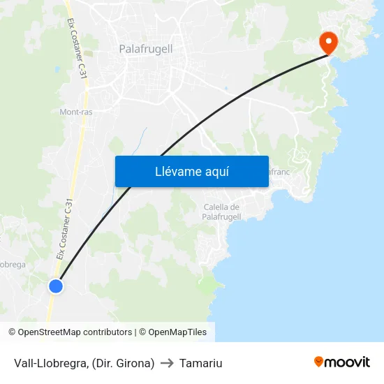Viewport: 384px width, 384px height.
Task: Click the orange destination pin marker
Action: [328, 42]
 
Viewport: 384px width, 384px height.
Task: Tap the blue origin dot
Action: [56, 286]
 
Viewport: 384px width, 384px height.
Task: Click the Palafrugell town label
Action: [146, 49]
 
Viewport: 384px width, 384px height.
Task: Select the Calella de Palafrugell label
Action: [221, 212]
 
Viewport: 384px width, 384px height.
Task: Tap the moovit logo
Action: [341, 362]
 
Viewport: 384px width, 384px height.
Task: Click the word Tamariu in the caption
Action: [200, 363]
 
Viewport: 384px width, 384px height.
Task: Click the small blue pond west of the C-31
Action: [56, 70]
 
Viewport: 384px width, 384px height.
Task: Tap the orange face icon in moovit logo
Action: [319, 362]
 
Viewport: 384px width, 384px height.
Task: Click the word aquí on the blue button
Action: [216, 171]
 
